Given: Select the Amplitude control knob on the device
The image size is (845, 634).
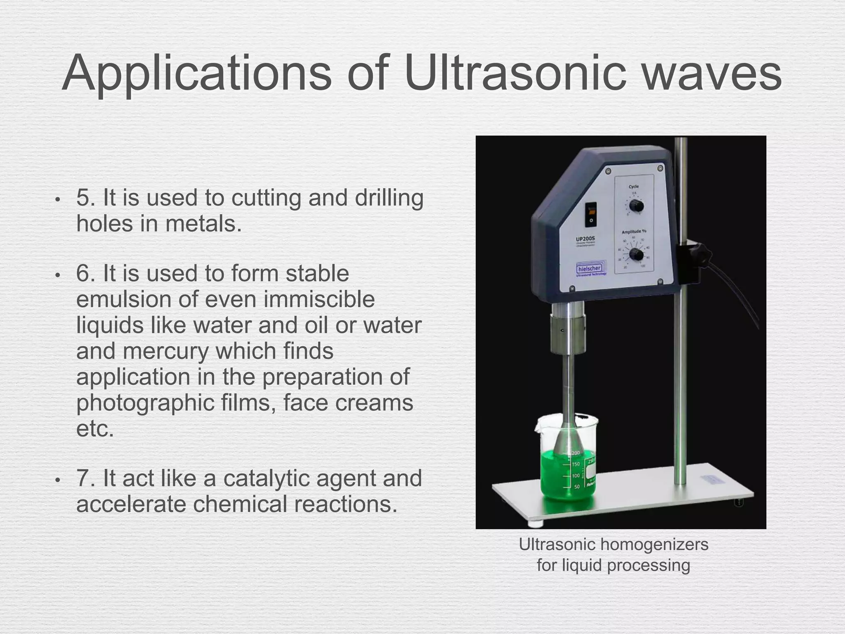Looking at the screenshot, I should [636, 255].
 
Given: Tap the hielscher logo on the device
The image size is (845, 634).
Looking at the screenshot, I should [589, 269].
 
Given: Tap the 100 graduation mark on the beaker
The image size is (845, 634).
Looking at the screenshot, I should [576, 476].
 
